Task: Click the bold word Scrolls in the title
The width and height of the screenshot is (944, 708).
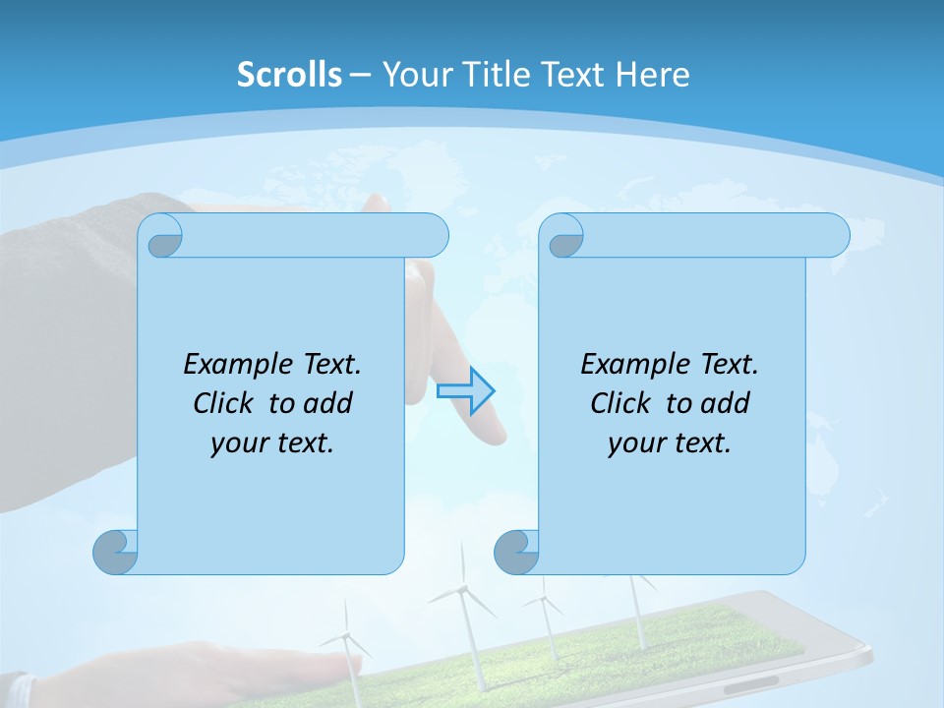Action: coord(289,74)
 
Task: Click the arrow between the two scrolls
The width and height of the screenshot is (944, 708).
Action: coord(466,391)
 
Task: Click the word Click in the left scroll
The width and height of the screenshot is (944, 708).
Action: coord(227,403)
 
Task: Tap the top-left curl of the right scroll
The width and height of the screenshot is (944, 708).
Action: coord(564,236)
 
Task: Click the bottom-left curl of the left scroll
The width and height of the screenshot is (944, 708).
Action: coord(115,552)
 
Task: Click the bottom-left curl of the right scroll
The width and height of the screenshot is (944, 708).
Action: coord(516,552)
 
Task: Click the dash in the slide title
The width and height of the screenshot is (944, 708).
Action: coord(361,74)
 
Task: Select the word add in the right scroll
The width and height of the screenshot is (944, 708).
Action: coord(726,403)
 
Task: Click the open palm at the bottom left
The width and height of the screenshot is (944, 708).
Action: coord(295,664)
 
